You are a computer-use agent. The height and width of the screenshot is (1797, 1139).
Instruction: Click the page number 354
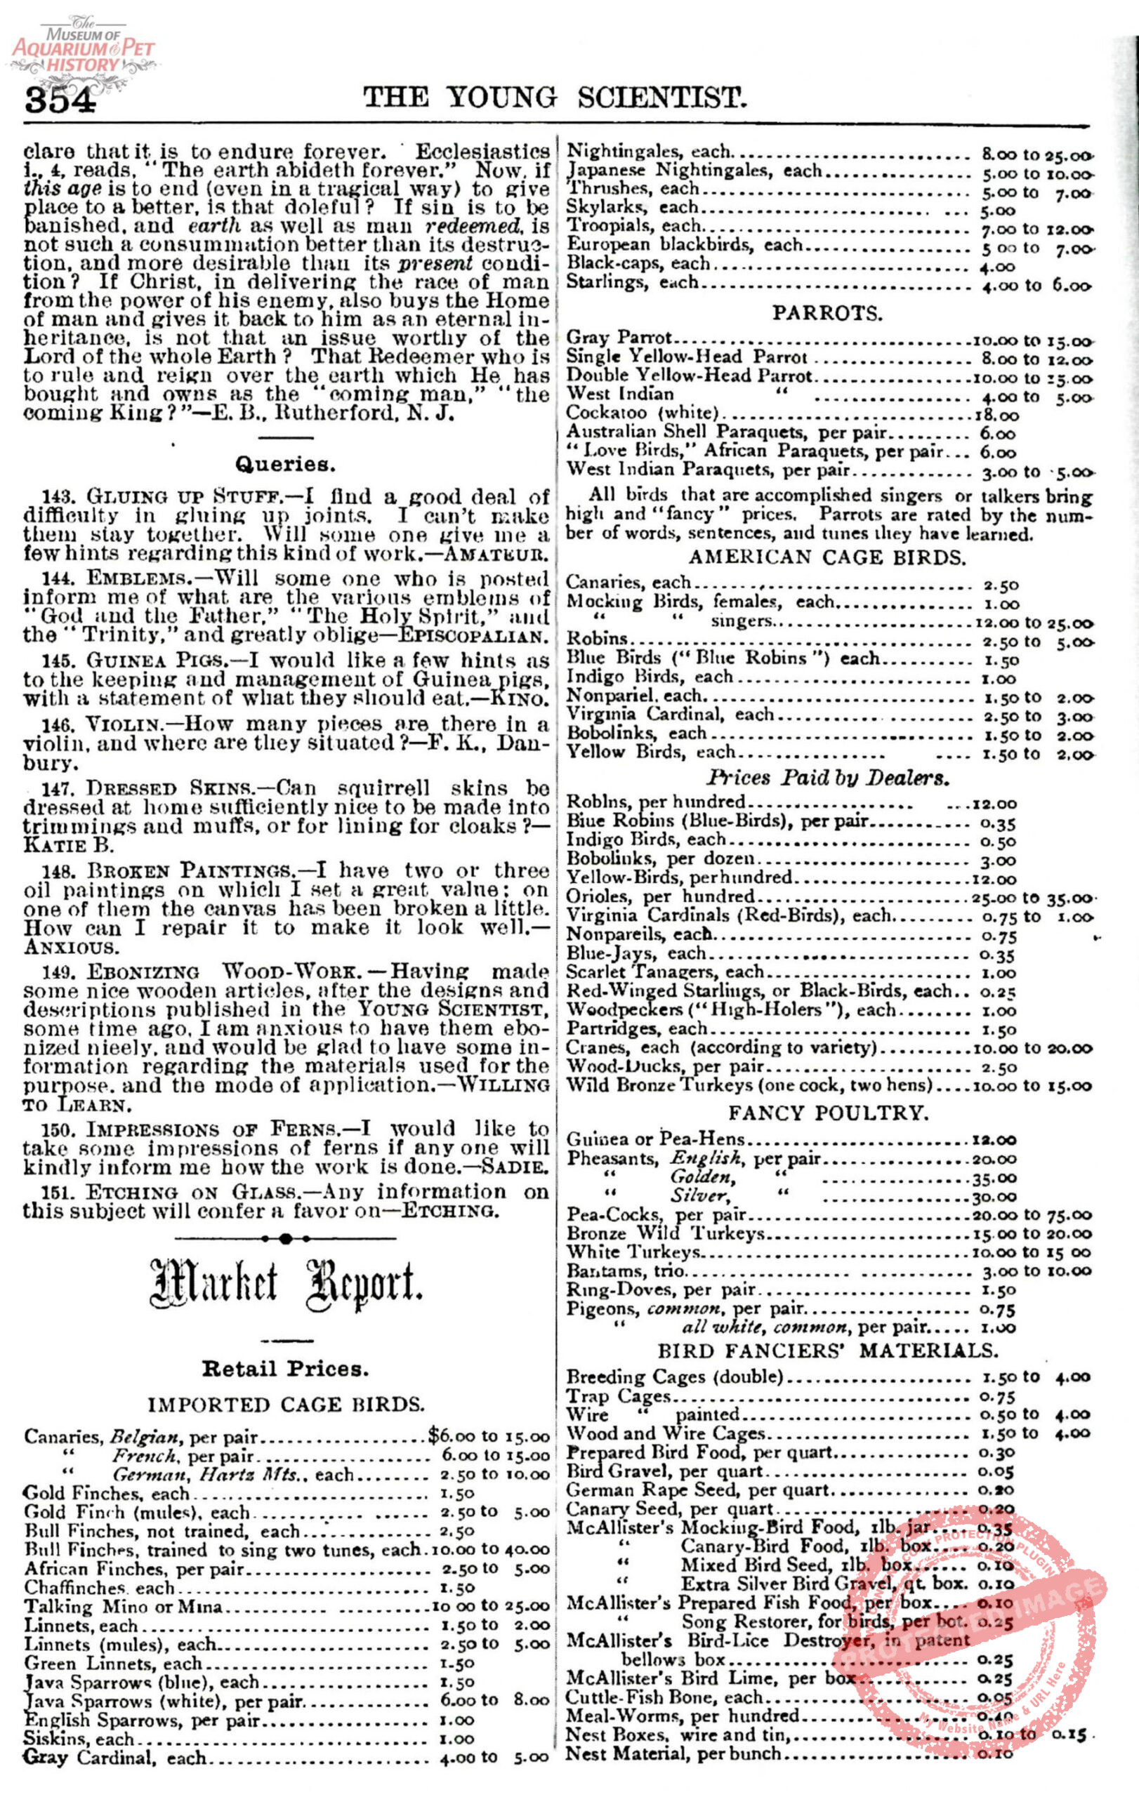pos(60,99)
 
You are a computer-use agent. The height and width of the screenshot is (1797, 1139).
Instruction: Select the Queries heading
pos(286,464)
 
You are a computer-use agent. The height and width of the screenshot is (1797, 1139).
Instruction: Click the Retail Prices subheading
pos(286,1370)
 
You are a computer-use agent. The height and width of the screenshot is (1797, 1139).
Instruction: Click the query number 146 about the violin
pos(58,724)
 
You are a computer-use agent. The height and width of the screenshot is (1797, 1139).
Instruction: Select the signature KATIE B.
pos(69,846)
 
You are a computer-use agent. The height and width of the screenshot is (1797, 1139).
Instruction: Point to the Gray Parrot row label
pos(619,339)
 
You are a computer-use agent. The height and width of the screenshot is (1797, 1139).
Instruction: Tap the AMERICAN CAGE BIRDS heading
pos(827,557)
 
